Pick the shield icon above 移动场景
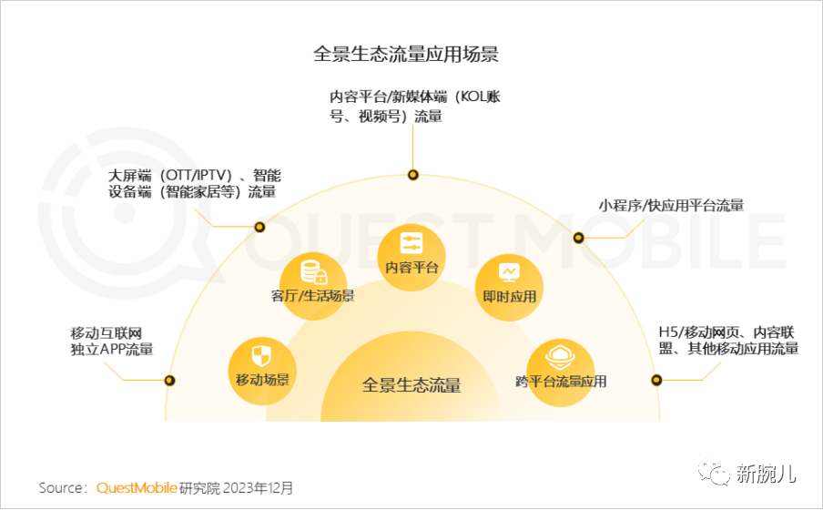pyautogui.click(x=261, y=355)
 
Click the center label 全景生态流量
pyautogui.click(x=411, y=385)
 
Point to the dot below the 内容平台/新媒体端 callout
pyautogui.click(x=412, y=174)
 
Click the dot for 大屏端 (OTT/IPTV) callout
pyautogui.click(x=259, y=227)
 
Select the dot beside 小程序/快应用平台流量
pyautogui.click(x=578, y=238)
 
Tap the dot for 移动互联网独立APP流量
pyautogui.click(x=168, y=381)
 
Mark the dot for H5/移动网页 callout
pyautogui.click(x=656, y=381)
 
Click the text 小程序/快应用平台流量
pyautogui.click(x=670, y=206)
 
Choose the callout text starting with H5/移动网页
pyautogui.click(x=727, y=339)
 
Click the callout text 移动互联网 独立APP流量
pyautogui.click(x=111, y=340)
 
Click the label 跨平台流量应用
pyautogui.click(x=561, y=382)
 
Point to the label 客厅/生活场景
pyautogui.click(x=312, y=296)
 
